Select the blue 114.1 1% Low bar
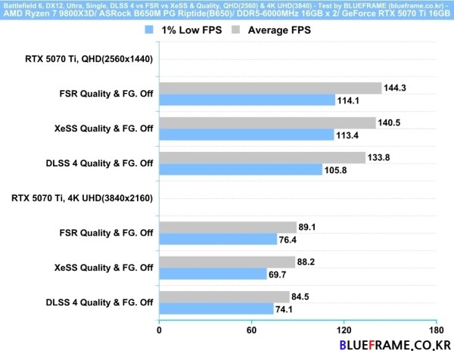pyautogui.click(x=247, y=100)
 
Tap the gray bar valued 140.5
pyautogui.click(x=267, y=123)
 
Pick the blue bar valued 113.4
pyautogui.click(x=246, y=135)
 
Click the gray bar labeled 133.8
pyautogui.click(x=262, y=157)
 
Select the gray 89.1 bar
pyautogui.click(x=227, y=227)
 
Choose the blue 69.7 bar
pyautogui.click(x=213, y=274)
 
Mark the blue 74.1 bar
pyautogui.click(x=216, y=309)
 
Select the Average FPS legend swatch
pyautogui.click(x=236, y=31)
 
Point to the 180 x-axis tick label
pyautogui.click(x=434, y=331)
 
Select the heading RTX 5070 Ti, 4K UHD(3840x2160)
pyautogui.click(x=82, y=198)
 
